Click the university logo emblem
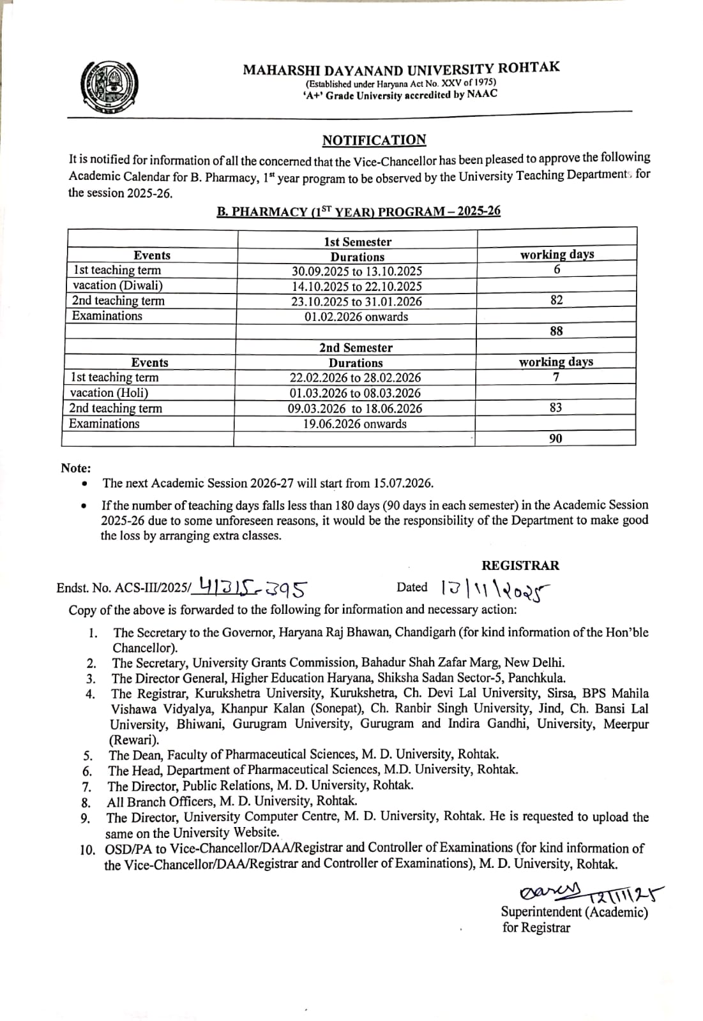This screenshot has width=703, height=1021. (110, 86)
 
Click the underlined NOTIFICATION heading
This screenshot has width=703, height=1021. (374, 140)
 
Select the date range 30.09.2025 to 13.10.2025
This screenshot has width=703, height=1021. (357, 271)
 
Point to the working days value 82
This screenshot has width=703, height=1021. (557, 300)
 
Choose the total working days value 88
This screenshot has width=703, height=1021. (556, 331)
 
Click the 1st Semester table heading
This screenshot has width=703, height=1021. (357, 242)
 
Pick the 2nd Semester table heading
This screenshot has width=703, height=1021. (356, 348)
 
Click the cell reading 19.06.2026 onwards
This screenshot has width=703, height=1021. (354, 424)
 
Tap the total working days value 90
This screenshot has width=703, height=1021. (556, 438)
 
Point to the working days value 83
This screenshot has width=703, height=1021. (556, 408)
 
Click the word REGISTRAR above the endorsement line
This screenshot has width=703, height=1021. (520, 565)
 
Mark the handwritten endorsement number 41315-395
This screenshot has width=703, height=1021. (253, 585)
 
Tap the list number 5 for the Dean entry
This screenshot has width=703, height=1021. (87, 756)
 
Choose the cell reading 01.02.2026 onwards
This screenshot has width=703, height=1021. (356, 317)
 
